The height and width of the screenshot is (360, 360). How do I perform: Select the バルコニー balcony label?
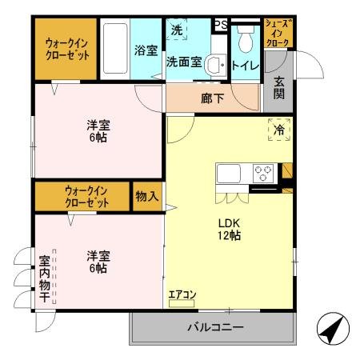(x=215, y=327)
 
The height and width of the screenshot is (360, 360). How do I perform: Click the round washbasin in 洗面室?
(x=213, y=65)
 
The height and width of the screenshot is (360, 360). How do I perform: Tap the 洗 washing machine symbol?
(x=178, y=30)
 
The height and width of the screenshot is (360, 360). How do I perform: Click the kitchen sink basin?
(x=228, y=174)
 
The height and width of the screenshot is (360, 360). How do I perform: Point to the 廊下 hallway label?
(x=212, y=100)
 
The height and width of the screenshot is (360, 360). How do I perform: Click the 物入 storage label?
(x=146, y=196)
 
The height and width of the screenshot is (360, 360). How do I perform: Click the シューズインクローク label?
(x=278, y=33)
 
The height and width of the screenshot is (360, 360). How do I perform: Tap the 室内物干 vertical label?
(x=45, y=278)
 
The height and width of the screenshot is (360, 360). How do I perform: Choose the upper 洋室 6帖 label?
(x=98, y=130)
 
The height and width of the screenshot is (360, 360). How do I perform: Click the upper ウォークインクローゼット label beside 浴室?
(x=66, y=49)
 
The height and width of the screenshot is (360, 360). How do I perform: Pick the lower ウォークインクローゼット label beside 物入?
(x=87, y=197)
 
